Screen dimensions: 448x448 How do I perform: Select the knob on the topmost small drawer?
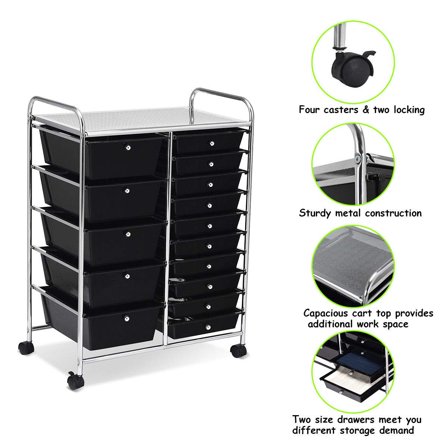[x=212, y=143]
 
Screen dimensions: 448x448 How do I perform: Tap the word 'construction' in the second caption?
[x=393, y=213]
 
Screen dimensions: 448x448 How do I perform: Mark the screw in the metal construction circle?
[x=358, y=159]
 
